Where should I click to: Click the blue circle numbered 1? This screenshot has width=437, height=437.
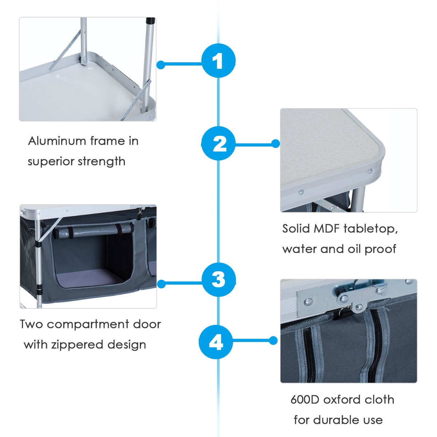coord(219,60)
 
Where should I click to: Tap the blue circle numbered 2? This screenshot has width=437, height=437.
coord(219,143)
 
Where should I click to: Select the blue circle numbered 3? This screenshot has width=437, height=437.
coord(219,280)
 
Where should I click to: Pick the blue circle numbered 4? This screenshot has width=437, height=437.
coord(216,342)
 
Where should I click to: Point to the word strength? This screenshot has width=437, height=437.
coord(102,161)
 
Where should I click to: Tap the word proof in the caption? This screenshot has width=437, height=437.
coord(380,249)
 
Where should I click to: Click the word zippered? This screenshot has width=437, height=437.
coord(81,345)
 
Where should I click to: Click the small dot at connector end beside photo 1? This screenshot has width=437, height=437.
coord(161,65)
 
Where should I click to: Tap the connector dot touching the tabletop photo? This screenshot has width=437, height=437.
coord(276,143)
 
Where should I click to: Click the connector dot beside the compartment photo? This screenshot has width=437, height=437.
coord(161,284)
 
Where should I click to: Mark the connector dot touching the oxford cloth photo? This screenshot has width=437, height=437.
coord(273,340)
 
